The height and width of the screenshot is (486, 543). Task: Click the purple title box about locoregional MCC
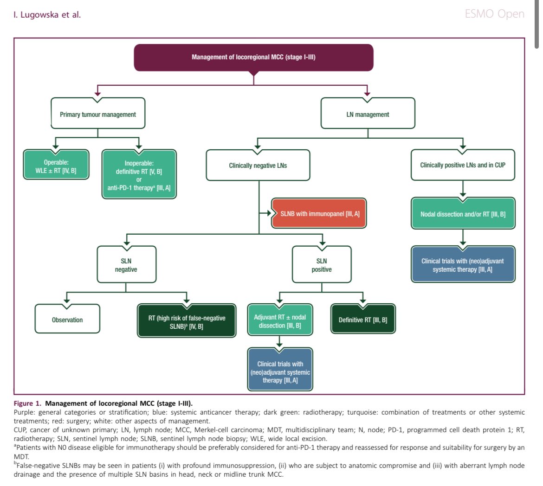coord(253,58)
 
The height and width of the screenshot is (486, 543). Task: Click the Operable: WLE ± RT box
coord(56,165)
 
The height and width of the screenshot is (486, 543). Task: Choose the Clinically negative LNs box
coord(258,166)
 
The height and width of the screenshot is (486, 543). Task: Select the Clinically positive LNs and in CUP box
coord(463,165)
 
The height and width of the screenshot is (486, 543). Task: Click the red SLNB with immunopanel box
coord(319,214)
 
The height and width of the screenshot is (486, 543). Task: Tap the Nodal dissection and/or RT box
coord(463,214)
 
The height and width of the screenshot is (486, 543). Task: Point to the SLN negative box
coord(126,265)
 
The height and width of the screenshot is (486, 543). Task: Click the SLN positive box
coord(322,265)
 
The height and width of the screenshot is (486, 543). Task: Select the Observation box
coord(67,319)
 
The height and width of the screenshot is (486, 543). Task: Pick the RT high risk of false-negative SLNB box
coord(187,321)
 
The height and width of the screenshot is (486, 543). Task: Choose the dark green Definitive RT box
coord(363,319)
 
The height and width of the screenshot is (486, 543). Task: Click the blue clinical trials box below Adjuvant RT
coord(280,370)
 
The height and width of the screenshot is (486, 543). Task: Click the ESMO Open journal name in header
coord(495,14)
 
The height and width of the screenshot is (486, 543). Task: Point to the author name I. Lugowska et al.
coord(47,14)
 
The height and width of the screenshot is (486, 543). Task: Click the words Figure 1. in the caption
coord(27,403)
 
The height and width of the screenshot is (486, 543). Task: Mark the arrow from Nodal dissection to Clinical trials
coord(463,238)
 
